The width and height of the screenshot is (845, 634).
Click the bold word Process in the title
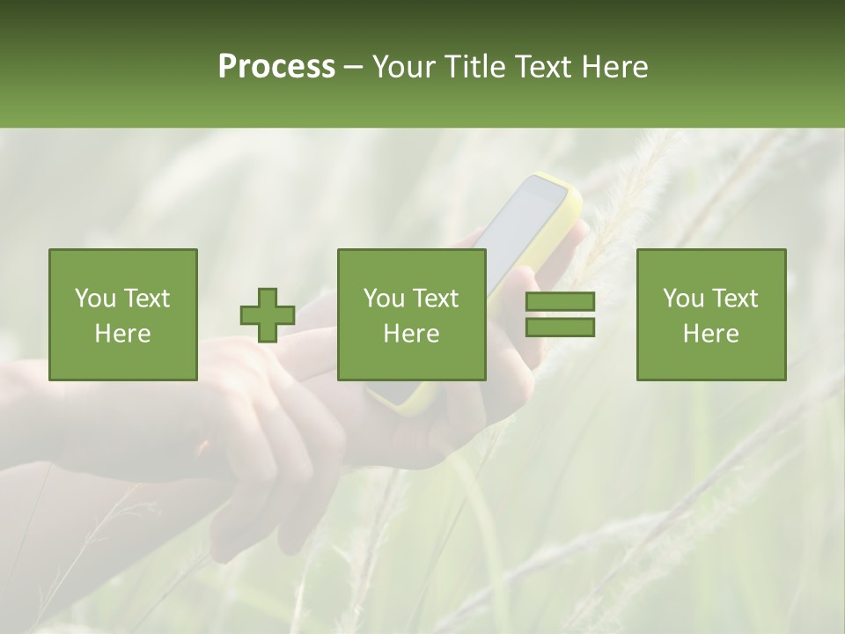[276, 67]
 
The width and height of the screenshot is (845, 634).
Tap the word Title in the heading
[474, 67]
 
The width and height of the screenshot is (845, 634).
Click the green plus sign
[268, 315]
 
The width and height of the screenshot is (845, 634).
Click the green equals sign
[560, 315]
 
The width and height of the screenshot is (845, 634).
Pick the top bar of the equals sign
[560, 302]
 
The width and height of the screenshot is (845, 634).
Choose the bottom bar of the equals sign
[560, 328]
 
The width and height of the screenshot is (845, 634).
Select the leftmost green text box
[122, 315]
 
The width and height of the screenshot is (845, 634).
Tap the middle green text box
[411, 315]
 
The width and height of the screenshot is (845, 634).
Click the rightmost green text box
[710, 315]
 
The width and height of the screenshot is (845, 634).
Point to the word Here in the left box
[122, 334]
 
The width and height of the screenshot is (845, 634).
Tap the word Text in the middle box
[436, 299]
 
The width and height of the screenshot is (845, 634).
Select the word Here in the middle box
[411, 334]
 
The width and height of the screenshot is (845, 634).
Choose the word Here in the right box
[710, 334]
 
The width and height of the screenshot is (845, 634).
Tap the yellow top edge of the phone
[547, 179]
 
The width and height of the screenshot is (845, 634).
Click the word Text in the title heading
[543, 67]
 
